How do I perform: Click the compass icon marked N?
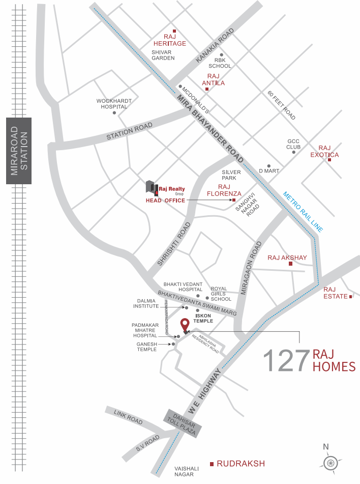tap(331, 463)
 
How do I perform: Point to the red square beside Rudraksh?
tap(212, 464)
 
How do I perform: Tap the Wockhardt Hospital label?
tap(114, 104)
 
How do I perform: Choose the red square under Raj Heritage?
tap(174, 30)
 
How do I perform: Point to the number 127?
tap(286, 360)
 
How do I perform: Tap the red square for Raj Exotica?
tap(329, 160)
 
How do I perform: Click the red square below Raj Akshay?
tap(290, 264)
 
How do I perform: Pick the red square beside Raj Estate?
tap(350, 296)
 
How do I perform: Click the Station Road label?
tap(129, 131)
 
